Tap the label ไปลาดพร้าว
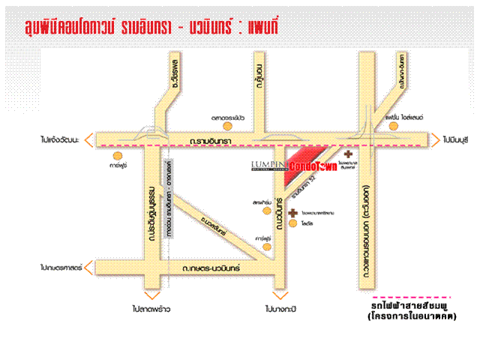(153, 307)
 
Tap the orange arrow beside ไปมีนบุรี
(435, 139)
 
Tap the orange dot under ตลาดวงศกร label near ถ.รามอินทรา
(232, 128)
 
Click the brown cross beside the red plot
(348, 152)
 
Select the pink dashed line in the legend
(415, 297)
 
